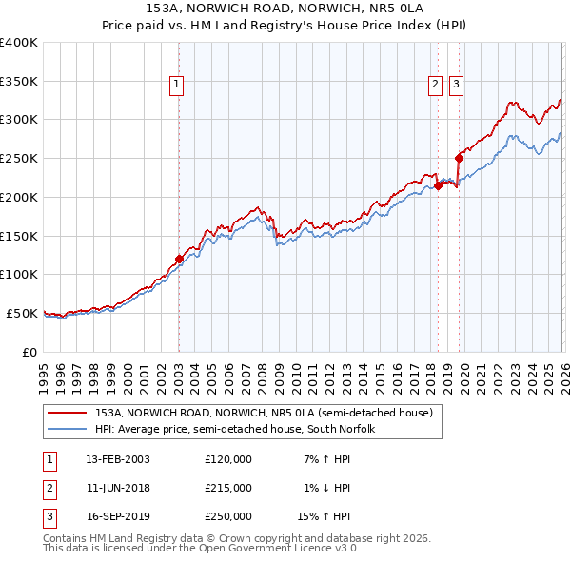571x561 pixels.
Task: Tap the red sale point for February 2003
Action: [179, 259]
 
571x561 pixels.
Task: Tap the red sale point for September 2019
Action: [459, 158]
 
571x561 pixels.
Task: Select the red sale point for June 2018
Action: [438, 185]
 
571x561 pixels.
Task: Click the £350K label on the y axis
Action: [19, 81]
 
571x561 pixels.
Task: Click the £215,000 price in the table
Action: [228, 488]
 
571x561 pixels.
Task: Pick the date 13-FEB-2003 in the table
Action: [118, 459]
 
